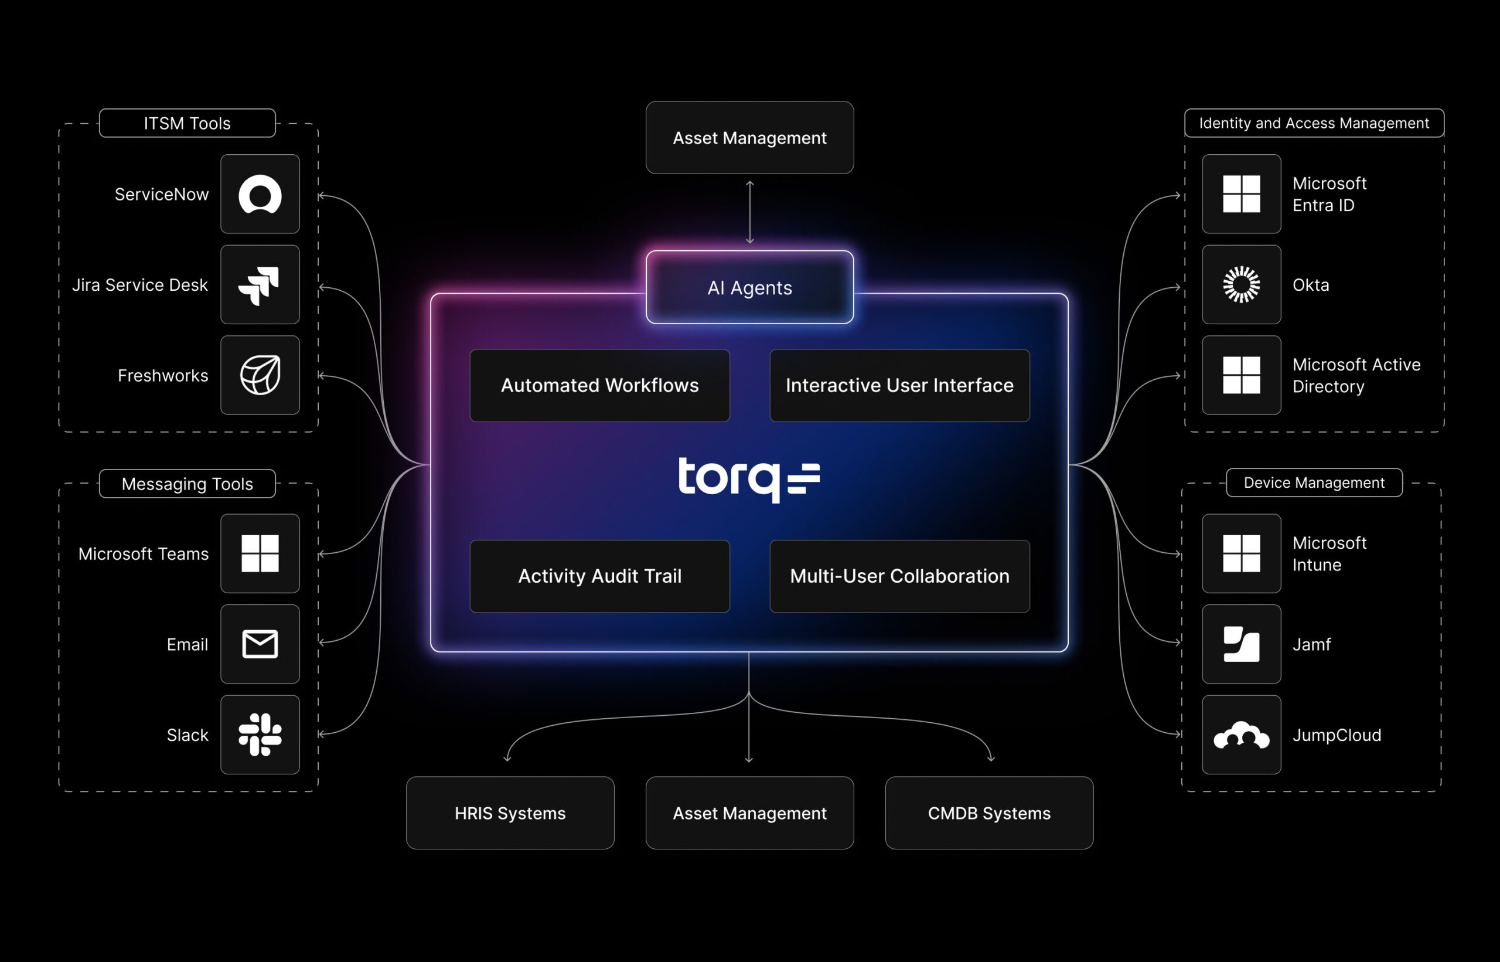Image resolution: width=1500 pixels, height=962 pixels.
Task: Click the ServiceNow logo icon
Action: coord(260,194)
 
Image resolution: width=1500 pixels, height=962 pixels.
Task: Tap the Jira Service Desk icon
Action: coord(260,285)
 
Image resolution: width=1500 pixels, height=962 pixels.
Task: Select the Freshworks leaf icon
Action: coord(260,375)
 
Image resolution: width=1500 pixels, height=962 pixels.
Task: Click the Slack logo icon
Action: coord(260,735)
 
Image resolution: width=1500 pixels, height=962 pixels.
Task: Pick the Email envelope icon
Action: coord(260,644)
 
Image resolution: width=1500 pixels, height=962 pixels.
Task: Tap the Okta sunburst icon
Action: coord(1241,285)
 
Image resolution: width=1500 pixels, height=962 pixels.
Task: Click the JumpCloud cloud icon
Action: coord(1241,735)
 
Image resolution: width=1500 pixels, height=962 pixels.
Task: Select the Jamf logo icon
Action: coord(1241,644)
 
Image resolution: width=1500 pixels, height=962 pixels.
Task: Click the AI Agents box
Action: coord(749,287)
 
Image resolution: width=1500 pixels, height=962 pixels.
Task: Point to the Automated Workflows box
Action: coord(599,385)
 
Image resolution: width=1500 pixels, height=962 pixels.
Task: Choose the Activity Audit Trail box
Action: coord(599,576)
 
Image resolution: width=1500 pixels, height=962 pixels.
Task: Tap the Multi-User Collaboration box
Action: coord(899,576)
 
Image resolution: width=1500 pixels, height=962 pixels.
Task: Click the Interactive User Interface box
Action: coord(899,385)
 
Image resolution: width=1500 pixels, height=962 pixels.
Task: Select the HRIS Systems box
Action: coord(510,813)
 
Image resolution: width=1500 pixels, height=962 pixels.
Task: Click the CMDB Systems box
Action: coord(988,813)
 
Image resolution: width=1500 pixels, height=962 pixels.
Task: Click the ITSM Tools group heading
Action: coord(187,123)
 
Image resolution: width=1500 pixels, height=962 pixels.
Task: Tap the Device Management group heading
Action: coord(1314,483)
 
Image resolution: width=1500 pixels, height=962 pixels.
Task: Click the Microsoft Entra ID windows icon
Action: coord(1241,194)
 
